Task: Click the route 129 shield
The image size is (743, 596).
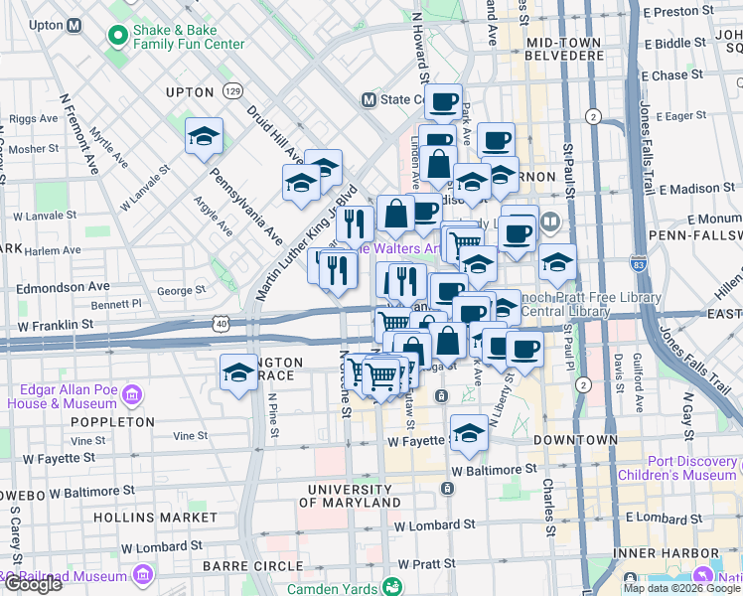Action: [232, 90]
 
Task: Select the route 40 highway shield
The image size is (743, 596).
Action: [221, 323]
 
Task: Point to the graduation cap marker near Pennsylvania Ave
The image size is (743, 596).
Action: [204, 136]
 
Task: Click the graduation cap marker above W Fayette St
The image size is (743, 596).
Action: [469, 433]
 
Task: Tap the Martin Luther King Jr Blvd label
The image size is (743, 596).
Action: [306, 243]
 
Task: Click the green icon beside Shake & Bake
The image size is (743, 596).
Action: [117, 37]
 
